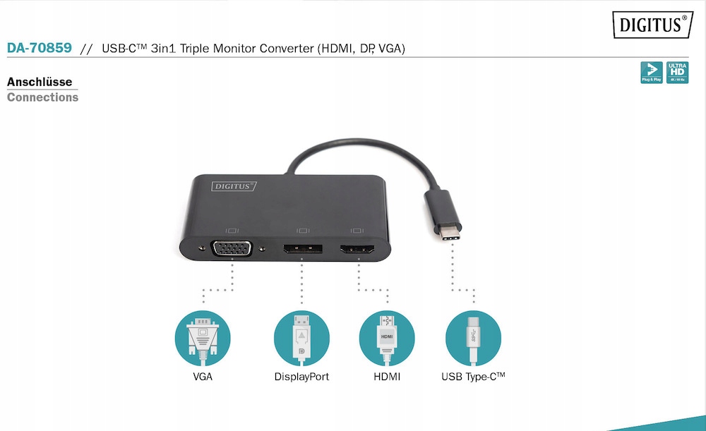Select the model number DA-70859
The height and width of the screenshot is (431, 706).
point(39,49)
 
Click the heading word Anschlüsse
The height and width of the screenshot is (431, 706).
point(40,82)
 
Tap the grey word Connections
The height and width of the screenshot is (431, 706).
point(42,97)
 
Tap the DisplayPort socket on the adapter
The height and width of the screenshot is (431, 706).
point(303,249)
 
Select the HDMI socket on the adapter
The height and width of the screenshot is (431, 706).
point(357,250)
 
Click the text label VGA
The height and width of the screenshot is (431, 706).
point(203,377)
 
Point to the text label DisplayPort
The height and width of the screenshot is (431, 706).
point(301,377)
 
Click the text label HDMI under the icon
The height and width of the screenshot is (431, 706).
point(387,377)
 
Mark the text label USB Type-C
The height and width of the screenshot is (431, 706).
point(473,377)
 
